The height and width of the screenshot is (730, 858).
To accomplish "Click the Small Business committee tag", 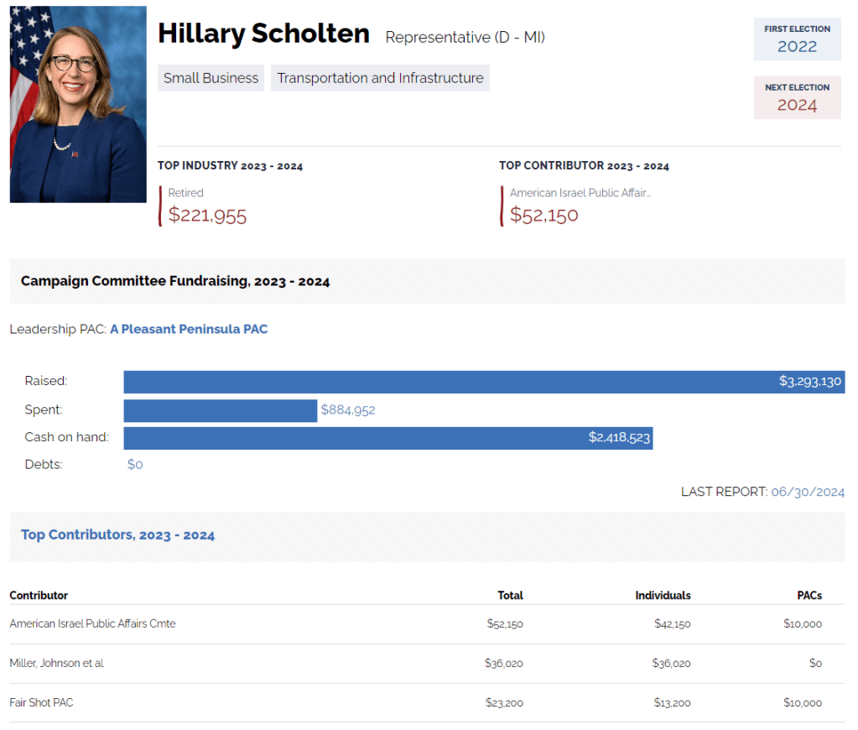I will (211, 78).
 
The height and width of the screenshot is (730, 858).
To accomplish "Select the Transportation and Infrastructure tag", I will (380, 78).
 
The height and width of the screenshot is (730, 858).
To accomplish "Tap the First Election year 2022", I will (797, 46).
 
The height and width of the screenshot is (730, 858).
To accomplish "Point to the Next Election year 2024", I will (797, 105).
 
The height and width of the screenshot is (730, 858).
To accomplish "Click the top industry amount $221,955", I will (207, 215).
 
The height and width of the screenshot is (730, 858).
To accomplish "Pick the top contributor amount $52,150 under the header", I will (543, 215).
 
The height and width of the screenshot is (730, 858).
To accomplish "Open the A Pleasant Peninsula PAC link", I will (189, 329).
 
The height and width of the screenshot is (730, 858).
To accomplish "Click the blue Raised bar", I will (453, 382).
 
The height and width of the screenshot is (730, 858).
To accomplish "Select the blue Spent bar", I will (220, 410).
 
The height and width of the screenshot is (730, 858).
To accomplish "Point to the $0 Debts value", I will (135, 464).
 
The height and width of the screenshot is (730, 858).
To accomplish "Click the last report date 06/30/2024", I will (808, 492).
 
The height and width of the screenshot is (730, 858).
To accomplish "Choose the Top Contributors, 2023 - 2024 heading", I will (117, 534).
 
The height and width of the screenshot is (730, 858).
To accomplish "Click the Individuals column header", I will (663, 595).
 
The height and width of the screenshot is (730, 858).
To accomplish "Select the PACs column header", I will (809, 595).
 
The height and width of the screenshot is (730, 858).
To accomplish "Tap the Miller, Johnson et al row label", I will (56, 663).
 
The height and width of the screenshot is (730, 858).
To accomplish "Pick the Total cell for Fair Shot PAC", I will (504, 702).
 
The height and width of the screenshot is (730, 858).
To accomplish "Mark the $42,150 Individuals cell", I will (673, 623).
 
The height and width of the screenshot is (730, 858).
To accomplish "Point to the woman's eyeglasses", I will (74, 63).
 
